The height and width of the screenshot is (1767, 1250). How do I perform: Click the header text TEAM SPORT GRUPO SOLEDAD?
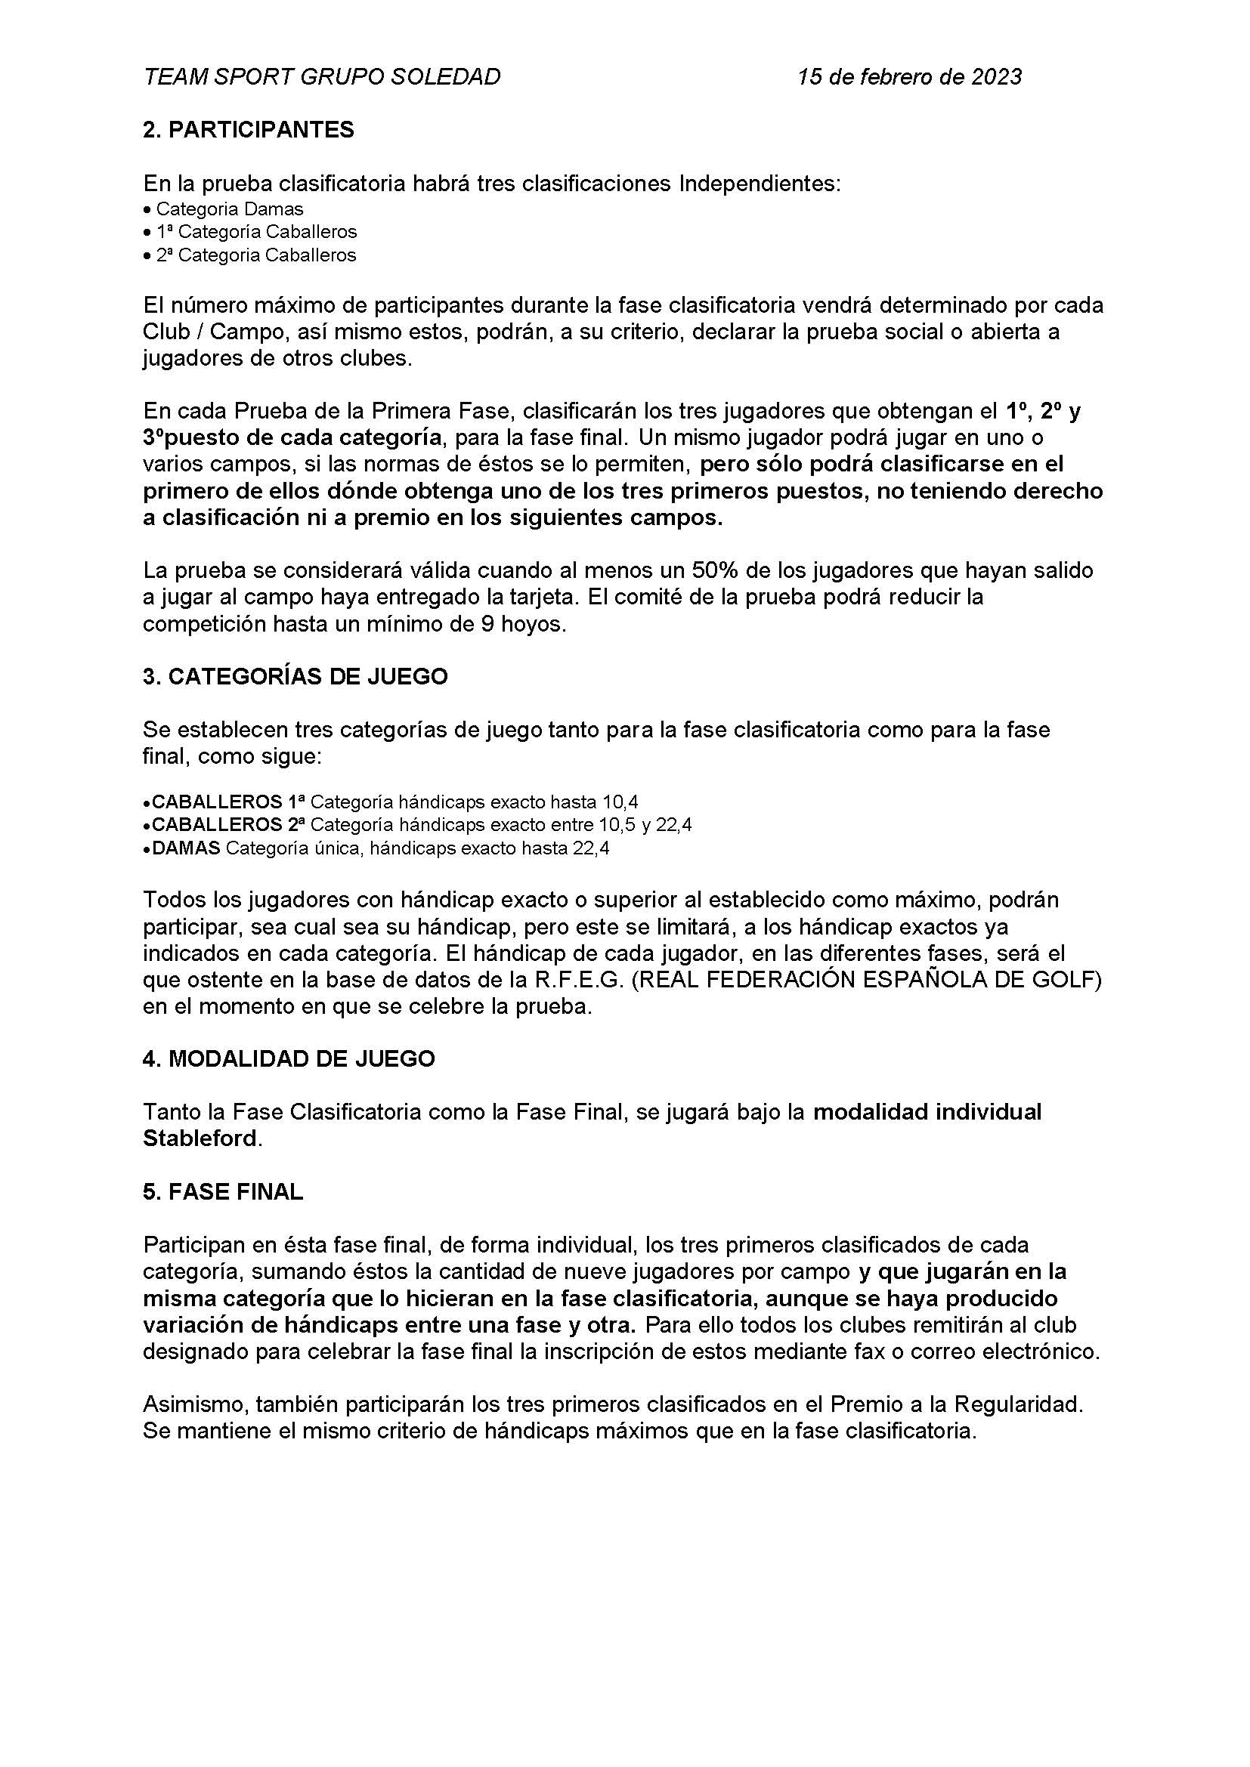click(x=322, y=76)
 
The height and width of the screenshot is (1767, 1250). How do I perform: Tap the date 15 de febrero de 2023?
click(x=910, y=76)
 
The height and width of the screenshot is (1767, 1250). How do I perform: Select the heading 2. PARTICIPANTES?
click(x=249, y=129)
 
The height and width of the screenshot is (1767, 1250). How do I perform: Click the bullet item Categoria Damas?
click(x=230, y=209)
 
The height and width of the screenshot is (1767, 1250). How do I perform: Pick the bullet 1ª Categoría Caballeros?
click(x=256, y=232)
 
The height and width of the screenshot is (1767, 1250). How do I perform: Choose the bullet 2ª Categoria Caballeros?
click(x=256, y=255)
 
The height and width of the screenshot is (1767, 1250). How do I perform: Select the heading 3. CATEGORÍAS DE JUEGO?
click(x=295, y=676)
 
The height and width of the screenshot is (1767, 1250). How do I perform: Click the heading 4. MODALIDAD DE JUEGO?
click(x=289, y=1059)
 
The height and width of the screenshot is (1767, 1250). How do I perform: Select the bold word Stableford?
click(x=200, y=1138)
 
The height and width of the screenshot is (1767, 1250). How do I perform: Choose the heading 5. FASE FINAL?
click(x=223, y=1191)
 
